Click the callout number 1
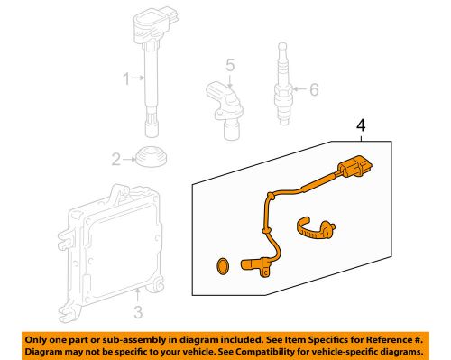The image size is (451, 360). pos(128,78)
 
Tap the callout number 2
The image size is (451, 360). pos(116,161)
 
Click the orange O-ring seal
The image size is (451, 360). pos(216,265)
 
